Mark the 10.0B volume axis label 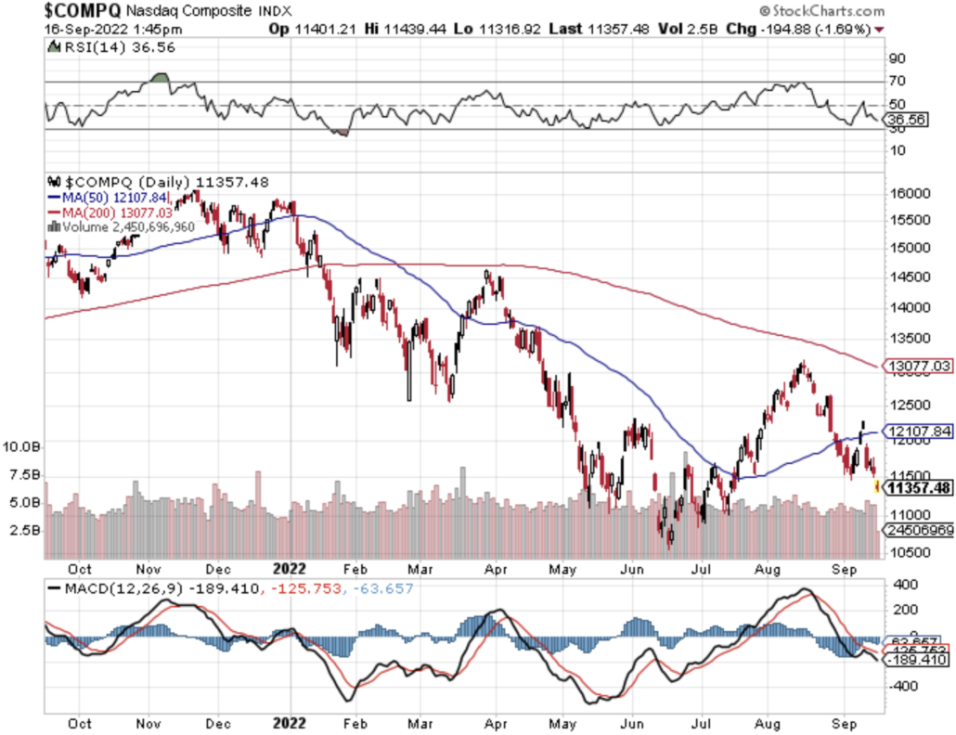[x=21, y=446]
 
